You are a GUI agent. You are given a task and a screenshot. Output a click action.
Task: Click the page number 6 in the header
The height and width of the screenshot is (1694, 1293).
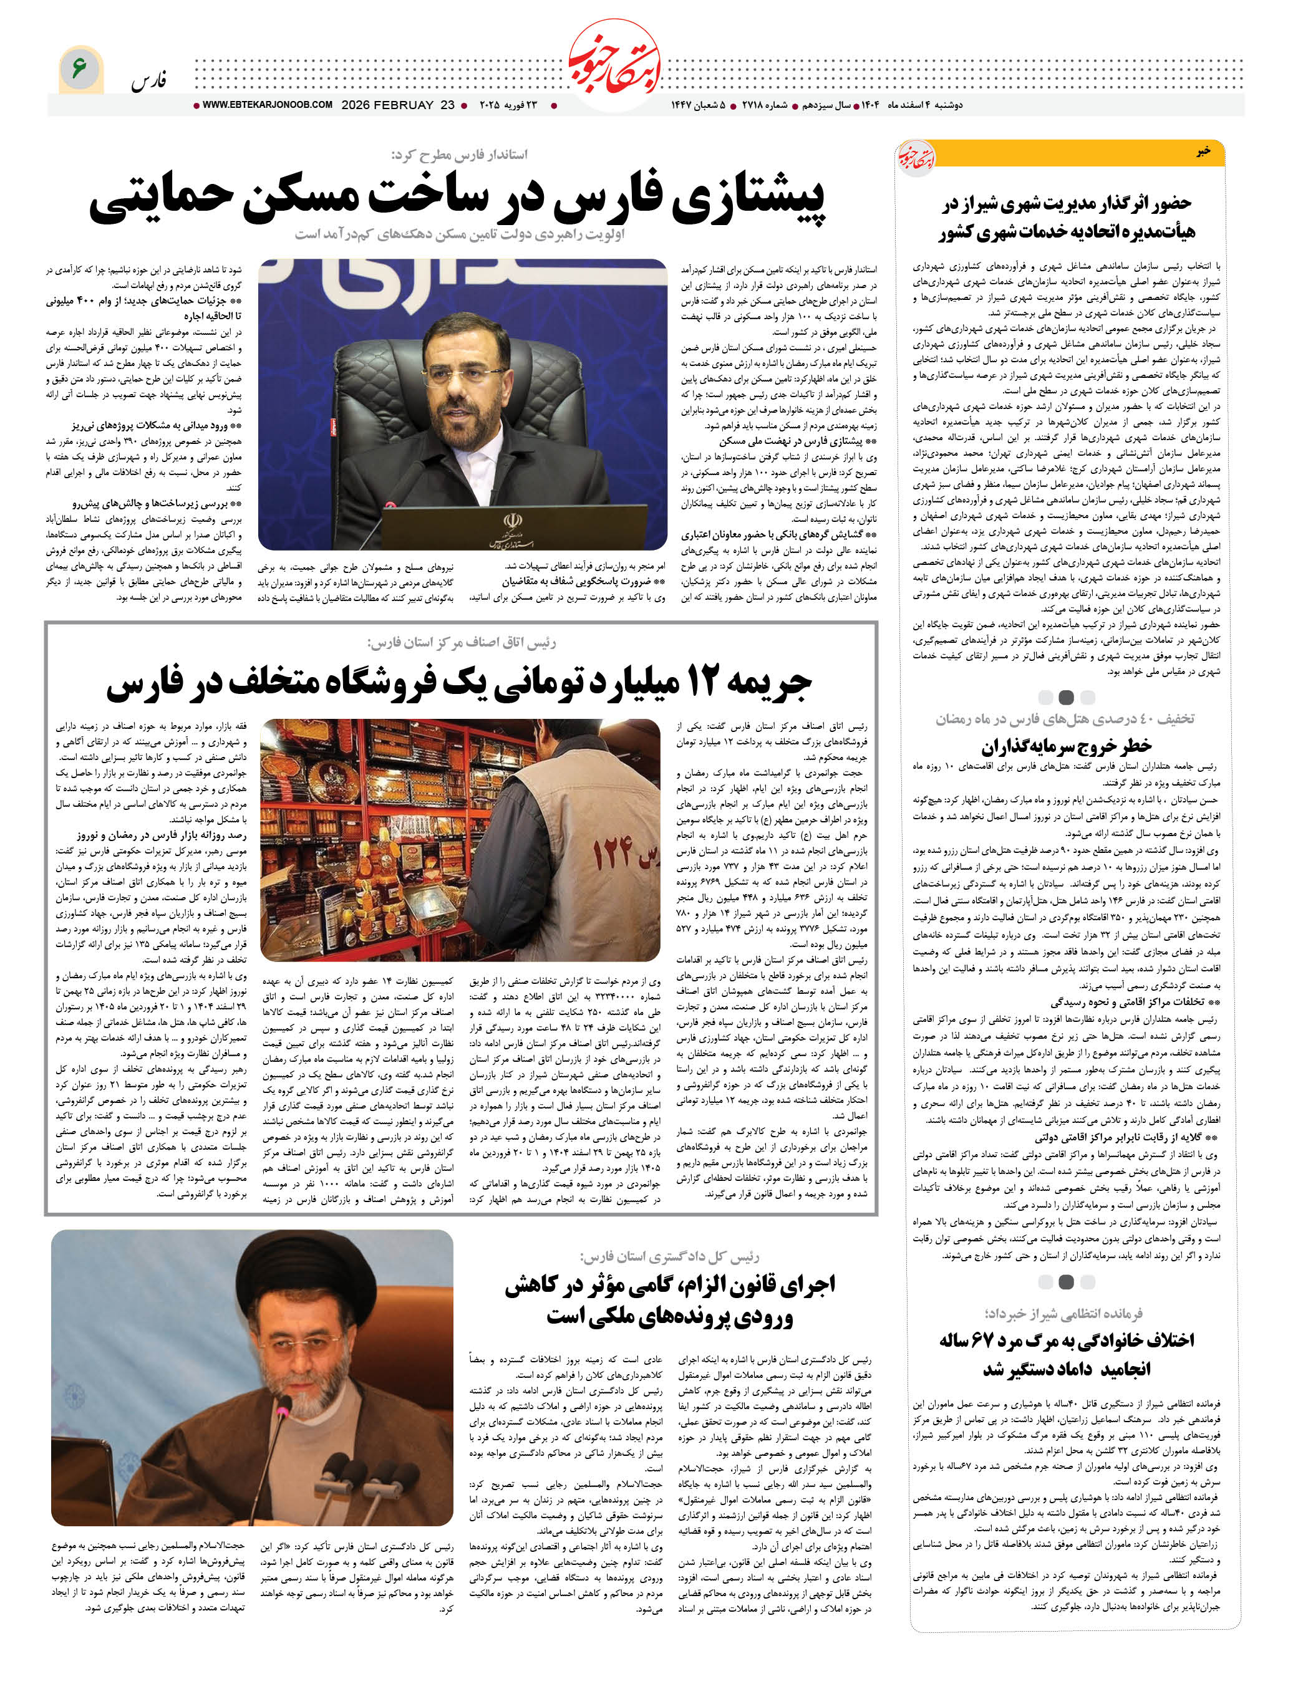coord(79,68)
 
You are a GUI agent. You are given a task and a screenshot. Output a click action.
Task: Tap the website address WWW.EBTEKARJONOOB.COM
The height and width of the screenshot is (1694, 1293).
coord(267,105)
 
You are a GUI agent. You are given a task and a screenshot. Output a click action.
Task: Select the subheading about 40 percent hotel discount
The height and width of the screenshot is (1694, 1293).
coord(1065,718)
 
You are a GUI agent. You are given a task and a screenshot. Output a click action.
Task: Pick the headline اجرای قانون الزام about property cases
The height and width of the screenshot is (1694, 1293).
coord(670,1300)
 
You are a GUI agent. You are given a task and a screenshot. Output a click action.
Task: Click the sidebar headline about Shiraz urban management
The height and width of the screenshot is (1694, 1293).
coord(1066,217)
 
